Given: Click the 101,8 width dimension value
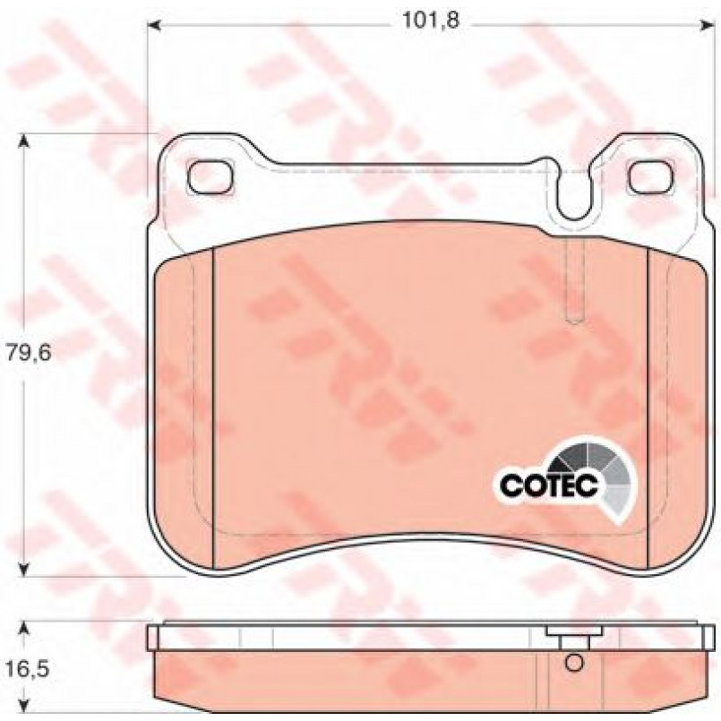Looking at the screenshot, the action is pyautogui.click(x=431, y=21).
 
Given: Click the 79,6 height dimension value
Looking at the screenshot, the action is pyautogui.click(x=28, y=354).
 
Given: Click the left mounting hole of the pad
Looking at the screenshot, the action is pyautogui.click(x=210, y=177).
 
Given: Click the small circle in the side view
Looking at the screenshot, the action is pyautogui.click(x=573, y=663).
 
